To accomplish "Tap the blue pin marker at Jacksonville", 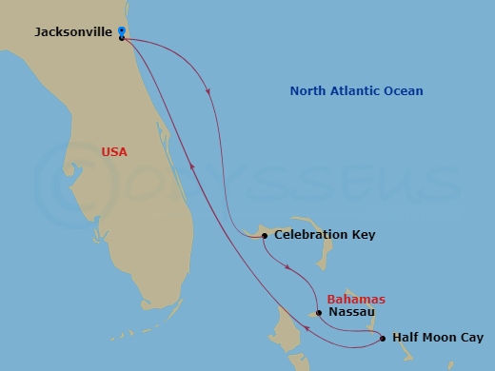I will (122, 32).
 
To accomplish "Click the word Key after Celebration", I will (364, 235).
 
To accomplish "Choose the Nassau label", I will (350, 312).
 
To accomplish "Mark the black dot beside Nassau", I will (319, 312).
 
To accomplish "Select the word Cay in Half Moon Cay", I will (471, 338).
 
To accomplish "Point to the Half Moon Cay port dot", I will (382, 338).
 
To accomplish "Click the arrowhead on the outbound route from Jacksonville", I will (208, 92).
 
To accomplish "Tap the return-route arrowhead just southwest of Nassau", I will (307, 329).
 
